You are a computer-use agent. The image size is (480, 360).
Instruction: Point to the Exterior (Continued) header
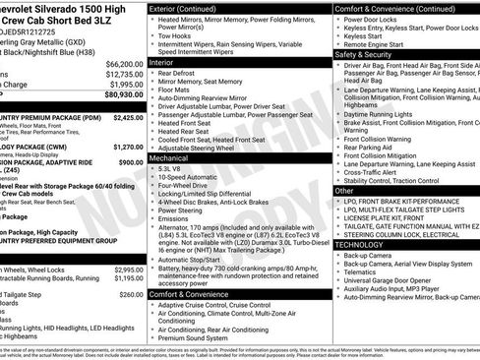click(190, 8)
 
